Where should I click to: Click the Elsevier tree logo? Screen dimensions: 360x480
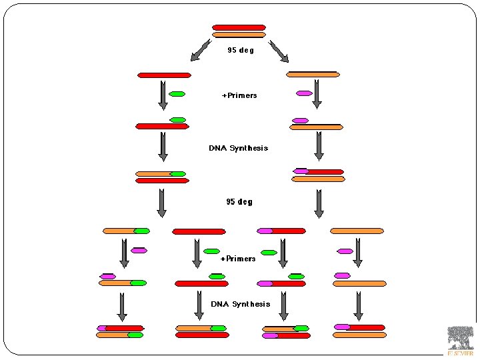pos(460,338)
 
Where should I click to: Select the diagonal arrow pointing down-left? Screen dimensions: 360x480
pos(200,50)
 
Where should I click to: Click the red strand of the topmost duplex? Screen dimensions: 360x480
pos(239,27)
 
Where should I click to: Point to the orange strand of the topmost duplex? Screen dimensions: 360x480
pos(239,35)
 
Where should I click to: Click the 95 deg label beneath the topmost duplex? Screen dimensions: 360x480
pos(241,50)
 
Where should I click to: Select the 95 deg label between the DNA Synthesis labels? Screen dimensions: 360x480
pos(239,201)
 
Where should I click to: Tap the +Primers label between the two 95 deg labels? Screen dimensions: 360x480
pos(239,95)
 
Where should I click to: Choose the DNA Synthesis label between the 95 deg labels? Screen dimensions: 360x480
pos(238,148)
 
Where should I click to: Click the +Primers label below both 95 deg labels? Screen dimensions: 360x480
pos(238,259)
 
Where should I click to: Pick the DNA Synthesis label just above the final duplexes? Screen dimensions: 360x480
pos(241,304)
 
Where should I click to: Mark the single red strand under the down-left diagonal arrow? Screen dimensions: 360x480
pos(164,75)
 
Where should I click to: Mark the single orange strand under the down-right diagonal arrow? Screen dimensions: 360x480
pos(313,74)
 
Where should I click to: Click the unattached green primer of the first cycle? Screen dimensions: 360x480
pos(177,94)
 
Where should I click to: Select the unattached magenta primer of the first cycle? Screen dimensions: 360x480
pos(304,93)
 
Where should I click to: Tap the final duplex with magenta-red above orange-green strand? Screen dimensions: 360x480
pos(120,331)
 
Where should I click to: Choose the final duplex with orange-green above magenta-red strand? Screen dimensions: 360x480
pos(286,332)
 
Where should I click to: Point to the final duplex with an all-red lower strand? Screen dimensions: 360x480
pos(201,331)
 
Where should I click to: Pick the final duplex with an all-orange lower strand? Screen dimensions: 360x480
pos(359,331)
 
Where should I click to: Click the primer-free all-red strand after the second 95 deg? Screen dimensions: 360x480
pos(199,231)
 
